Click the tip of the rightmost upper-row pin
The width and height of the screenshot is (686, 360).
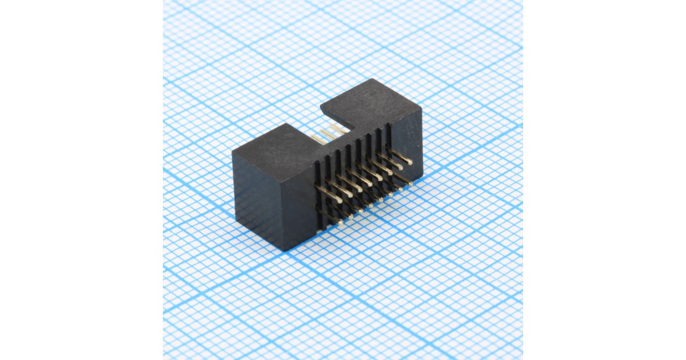pyautogui.click(x=409, y=163)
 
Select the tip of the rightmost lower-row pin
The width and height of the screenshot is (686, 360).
pyautogui.click(x=411, y=182)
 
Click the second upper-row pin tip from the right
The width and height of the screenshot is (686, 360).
pyautogui.click(x=398, y=169)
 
